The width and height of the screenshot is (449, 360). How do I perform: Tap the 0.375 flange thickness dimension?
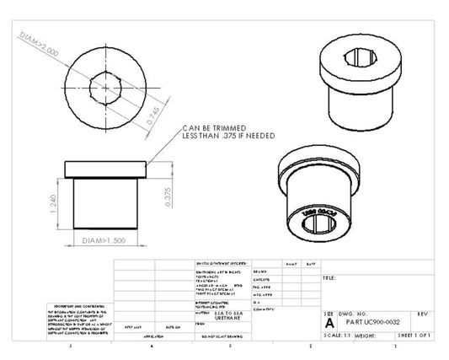point(168,196)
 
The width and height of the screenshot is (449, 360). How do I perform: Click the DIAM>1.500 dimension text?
point(105,242)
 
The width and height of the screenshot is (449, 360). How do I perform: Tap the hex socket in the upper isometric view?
point(361,58)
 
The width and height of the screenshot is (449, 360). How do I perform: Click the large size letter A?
point(329,322)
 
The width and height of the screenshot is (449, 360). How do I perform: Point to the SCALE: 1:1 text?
point(337,335)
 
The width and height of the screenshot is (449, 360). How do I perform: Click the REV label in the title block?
point(423,313)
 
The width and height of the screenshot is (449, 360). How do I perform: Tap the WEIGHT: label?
point(366,335)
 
